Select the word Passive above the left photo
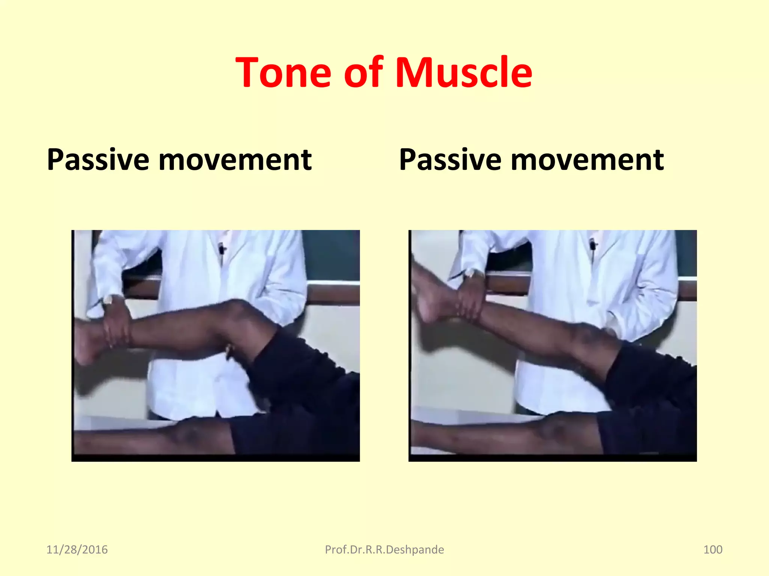pyautogui.click(x=98, y=160)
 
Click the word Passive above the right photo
pyautogui.click(x=450, y=160)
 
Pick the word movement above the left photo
pyautogui.click(x=235, y=160)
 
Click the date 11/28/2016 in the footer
pyautogui.click(x=77, y=550)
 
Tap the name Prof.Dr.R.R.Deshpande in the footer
pyautogui.click(x=384, y=550)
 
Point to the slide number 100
pyautogui.click(x=712, y=550)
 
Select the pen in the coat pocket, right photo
pyautogui.click(x=593, y=246)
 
